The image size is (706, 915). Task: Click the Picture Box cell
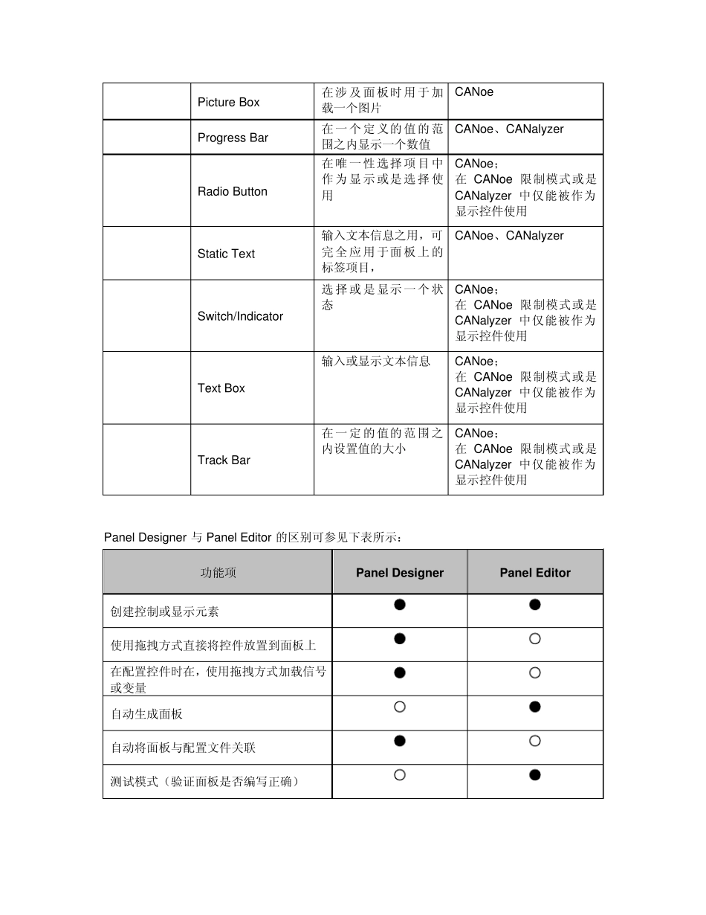point(228,102)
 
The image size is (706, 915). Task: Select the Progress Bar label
point(233,138)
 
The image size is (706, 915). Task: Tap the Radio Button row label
point(232,191)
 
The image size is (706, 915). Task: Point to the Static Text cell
point(226,254)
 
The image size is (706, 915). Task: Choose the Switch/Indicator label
point(240,316)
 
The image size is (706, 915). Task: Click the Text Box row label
point(221,388)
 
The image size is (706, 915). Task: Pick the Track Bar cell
point(224,460)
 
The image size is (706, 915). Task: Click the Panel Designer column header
point(399,573)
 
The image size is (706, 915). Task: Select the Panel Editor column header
point(535,573)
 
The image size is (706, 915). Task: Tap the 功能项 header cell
point(218,573)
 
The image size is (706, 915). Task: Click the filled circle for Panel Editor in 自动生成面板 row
point(535,707)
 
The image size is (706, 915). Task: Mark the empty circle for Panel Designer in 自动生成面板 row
point(400,707)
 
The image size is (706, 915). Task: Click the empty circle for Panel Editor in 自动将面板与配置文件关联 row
point(535,741)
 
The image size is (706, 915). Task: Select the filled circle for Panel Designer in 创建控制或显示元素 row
point(400,604)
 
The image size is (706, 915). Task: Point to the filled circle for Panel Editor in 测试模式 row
point(535,775)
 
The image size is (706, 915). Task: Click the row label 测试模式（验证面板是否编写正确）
point(205,782)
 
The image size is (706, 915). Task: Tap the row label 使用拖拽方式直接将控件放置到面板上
point(213,645)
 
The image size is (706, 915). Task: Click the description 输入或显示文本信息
point(376,362)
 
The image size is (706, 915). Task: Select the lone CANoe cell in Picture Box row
point(474,92)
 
